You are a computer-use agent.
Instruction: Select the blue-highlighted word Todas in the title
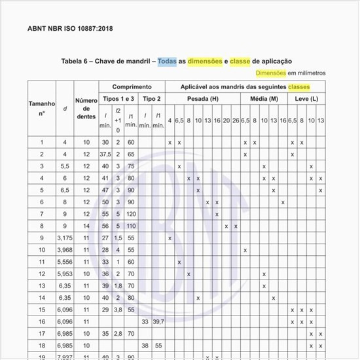click(x=172, y=61)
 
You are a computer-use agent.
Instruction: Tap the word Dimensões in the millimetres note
click(x=271, y=73)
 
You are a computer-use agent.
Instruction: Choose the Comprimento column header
click(x=132, y=86)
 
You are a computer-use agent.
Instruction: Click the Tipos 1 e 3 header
click(x=118, y=98)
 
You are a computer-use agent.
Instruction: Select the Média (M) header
click(x=264, y=98)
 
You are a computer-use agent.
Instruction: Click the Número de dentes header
click(x=86, y=108)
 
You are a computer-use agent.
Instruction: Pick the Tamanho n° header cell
click(x=41, y=108)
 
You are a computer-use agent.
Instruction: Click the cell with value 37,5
click(x=105, y=154)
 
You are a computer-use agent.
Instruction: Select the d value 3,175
click(x=65, y=238)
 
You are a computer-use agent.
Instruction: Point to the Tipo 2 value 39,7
click(x=158, y=321)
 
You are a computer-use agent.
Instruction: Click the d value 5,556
click(x=65, y=262)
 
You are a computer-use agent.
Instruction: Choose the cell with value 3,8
click(x=118, y=309)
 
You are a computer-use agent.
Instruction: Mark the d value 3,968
click(x=65, y=249)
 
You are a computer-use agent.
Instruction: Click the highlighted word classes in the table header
click(x=298, y=86)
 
